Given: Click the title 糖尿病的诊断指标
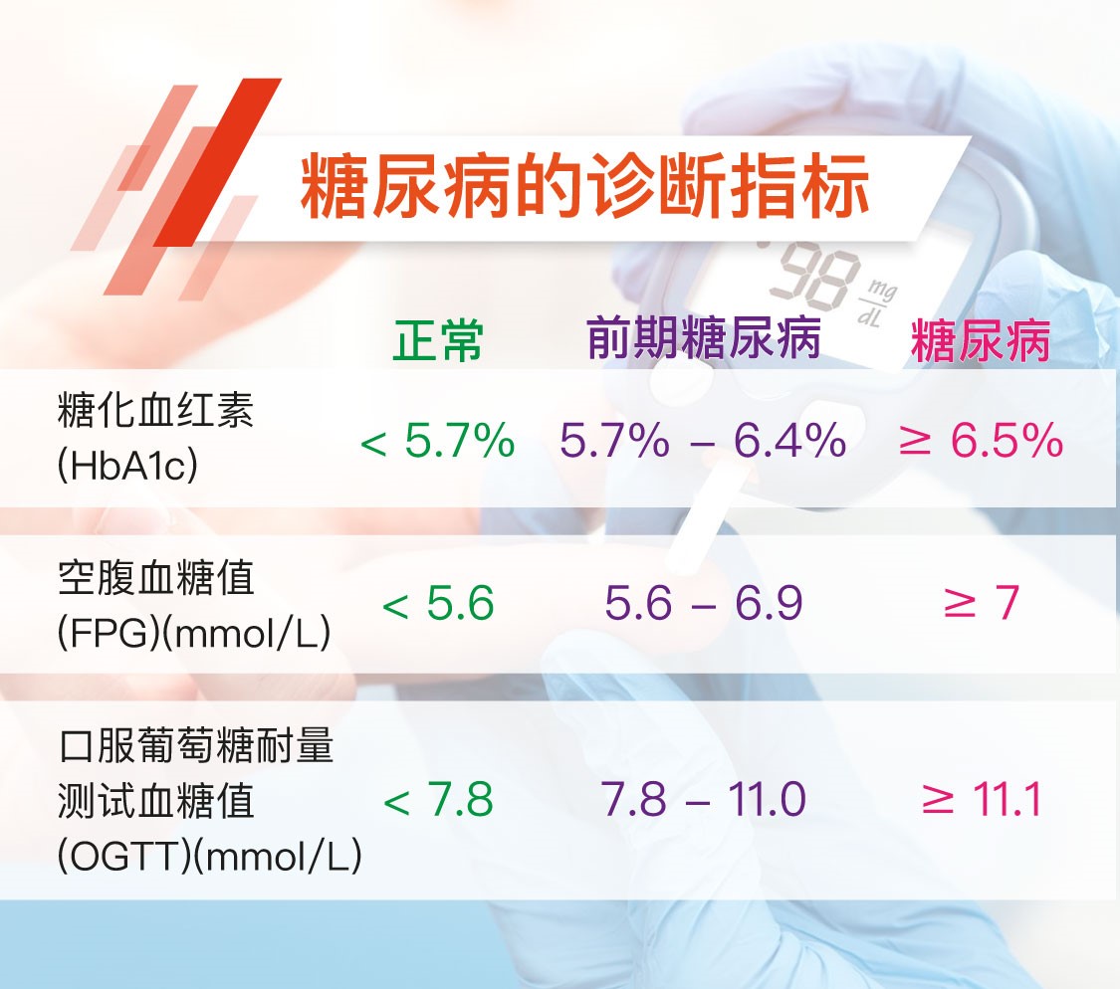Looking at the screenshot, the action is pyautogui.click(x=584, y=185).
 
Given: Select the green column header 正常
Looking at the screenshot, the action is pyautogui.click(x=438, y=340).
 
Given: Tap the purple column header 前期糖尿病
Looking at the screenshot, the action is pyautogui.click(x=704, y=337).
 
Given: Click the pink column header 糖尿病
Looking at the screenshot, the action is pyautogui.click(x=980, y=340).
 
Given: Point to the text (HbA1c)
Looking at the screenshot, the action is pyautogui.click(x=127, y=465).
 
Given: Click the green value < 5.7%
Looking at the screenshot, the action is pyautogui.click(x=438, y=440).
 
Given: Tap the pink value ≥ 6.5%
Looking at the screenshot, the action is pyautogui.click(x=981, y=440).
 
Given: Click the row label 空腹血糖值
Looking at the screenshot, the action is pyautogui.click(x=155, y=577).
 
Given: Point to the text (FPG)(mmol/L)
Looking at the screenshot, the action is pyautogui.click(x=194, y=632).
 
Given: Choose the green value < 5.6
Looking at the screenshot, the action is pyautogui.click(x=438, y=603).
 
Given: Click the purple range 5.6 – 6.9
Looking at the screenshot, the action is pyautogui.click(x=704, y=603).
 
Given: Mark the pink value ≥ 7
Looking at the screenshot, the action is pyautogui.click(x=981, y=603).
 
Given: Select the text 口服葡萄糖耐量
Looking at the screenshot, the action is pyautogui.click(x=196, y=745).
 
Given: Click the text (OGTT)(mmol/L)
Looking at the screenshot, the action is pyautogui.click(x=209, y=855).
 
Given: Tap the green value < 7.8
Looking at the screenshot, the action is pyautogui.click(x=438, y=799).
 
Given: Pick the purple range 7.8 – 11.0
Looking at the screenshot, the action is pyautogui.click(x=704, y=799).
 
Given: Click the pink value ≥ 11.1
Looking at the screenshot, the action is pyautogui.click(x=981, y=799).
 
